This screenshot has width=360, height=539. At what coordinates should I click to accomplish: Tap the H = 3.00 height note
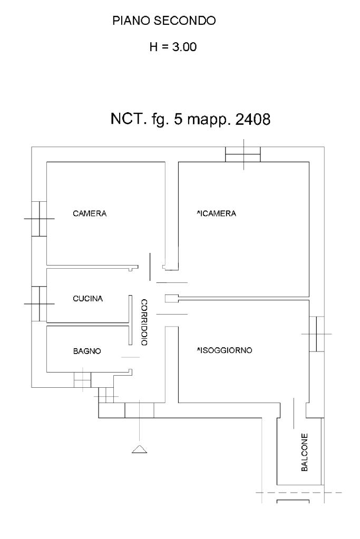173,48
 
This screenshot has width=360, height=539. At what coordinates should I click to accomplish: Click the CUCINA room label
87,298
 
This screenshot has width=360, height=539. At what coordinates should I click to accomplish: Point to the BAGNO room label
86,350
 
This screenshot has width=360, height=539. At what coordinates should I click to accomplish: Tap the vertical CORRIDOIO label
144,322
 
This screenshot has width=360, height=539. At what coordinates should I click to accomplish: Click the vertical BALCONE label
305,452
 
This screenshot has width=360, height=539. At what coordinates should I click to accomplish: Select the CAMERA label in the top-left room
90,213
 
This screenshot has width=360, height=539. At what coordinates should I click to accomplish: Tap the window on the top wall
243,154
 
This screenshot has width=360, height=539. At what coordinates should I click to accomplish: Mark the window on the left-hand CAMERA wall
38,218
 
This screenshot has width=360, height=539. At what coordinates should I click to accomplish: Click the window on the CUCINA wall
38,303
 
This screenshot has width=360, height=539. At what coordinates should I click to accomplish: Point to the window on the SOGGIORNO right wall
316,334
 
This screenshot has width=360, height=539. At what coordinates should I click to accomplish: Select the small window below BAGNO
82,379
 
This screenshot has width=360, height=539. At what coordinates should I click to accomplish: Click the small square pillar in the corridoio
169,298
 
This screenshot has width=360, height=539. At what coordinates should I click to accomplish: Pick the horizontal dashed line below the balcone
298,493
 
